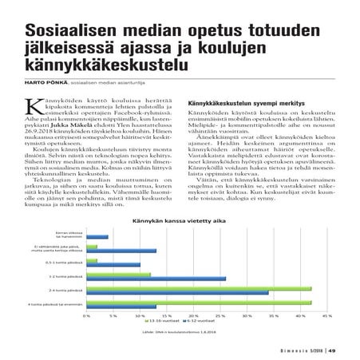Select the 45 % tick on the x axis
point(326,316)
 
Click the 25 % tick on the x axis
point(220,316)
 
